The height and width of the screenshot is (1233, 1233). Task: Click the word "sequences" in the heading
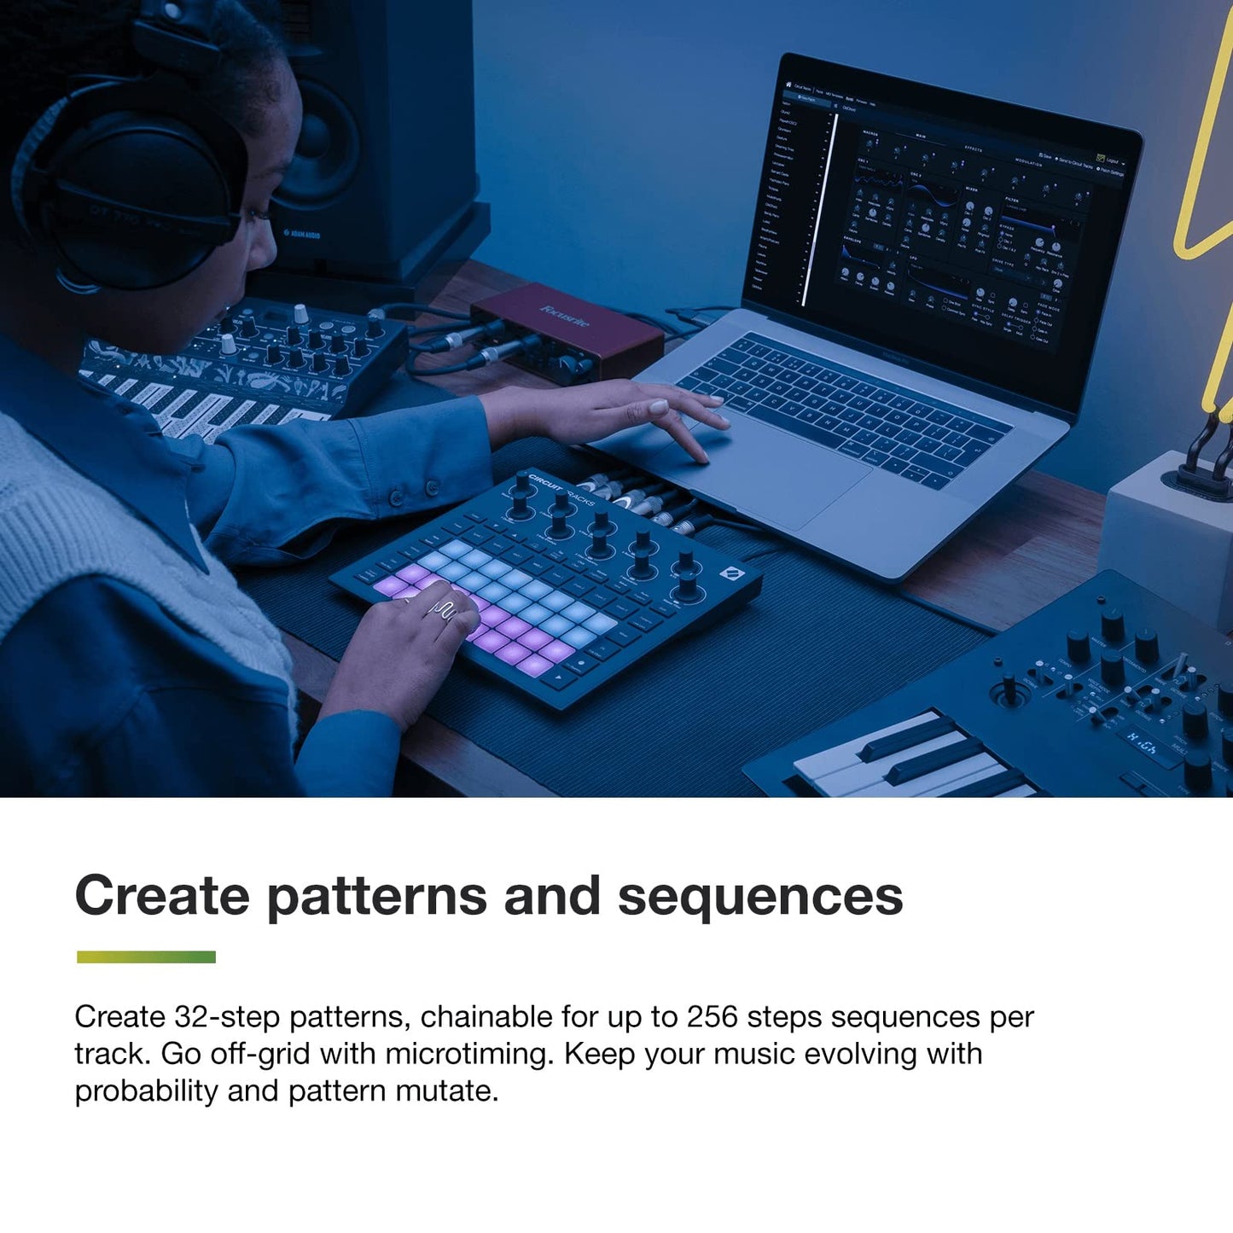click(759, 895)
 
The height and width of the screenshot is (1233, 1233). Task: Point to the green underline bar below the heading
click(146, 957)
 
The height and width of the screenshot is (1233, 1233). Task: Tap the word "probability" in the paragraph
click(146, 1091)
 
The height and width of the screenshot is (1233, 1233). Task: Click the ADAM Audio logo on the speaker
click(302, 233)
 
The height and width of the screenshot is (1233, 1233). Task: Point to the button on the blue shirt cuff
click(393, 497)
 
